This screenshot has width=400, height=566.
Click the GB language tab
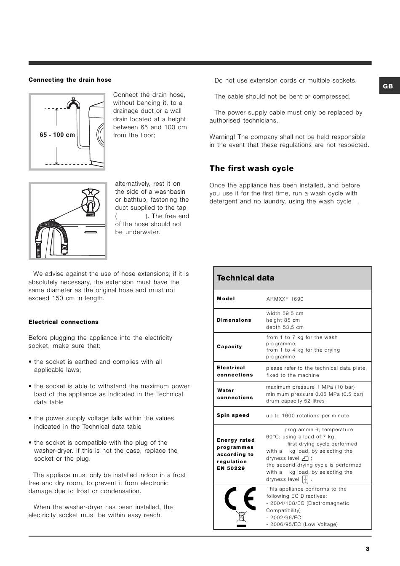tap(388, 86)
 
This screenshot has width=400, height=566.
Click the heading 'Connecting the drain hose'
tap(70, 80)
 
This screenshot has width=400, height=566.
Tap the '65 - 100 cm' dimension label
tap(57, 135)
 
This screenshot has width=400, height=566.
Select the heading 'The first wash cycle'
tap(251, 168)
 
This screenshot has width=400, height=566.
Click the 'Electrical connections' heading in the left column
tap(64, 322)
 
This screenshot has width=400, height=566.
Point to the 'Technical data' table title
tap(245, 278)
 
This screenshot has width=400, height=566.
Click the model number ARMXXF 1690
tap(285, 299)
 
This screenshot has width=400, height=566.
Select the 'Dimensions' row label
tap(234, 320)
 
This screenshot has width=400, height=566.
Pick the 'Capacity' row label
tap(229, 347)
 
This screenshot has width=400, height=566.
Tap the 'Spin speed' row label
tap(233, 415)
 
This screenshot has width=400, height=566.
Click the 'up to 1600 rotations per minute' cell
tap(307, 416)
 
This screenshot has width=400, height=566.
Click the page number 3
tap(367, 549)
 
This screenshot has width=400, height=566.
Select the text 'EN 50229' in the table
tap(231, 468)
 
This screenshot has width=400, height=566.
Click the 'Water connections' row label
tap(235, 394)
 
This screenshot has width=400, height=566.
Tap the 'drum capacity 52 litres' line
tap(295, 401)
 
